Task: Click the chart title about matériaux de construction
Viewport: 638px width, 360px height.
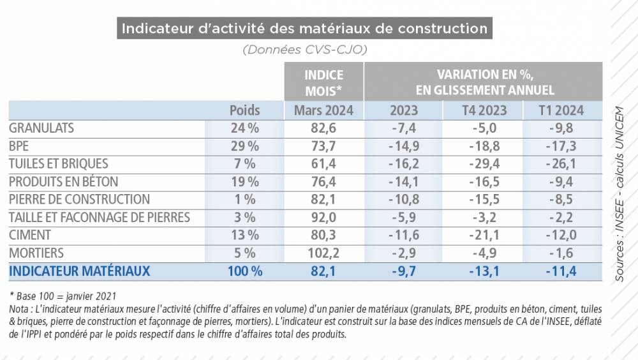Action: point(304,29)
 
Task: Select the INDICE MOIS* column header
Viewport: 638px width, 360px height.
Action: point(323,82)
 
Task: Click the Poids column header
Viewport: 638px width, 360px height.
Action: point(244,110)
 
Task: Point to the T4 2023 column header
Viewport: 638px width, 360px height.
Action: point(484,110)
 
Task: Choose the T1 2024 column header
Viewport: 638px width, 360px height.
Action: point(562,110)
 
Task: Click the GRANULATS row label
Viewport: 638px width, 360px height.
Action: point(41,128)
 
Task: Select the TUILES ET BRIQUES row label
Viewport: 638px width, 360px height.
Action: point(59,163)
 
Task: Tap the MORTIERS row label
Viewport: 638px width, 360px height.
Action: point(36,253)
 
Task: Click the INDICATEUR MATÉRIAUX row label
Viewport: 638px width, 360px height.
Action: point(80,271)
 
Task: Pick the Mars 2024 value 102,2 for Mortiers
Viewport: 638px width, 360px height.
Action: point(323,253)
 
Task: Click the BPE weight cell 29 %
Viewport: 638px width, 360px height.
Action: point(244,146)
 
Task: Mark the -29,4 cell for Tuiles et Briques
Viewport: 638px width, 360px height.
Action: point(484,163)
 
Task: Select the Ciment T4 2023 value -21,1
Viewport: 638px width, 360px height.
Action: point(484,236)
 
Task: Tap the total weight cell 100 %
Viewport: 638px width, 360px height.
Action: point(244,271)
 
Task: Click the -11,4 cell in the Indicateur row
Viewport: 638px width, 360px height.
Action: point(562,271)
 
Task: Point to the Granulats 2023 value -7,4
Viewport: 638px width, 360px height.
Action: point(403,128)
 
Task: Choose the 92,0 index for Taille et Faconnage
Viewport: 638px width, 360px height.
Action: point(323,218)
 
